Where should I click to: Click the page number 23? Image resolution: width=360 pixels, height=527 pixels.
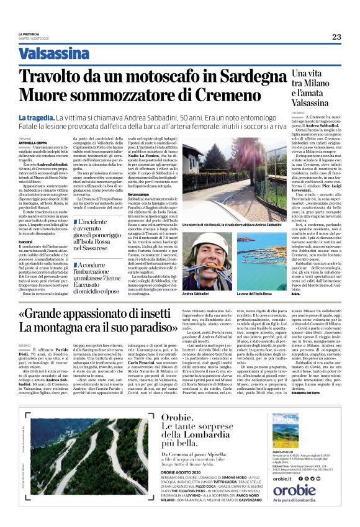click(x=336, y=37)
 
